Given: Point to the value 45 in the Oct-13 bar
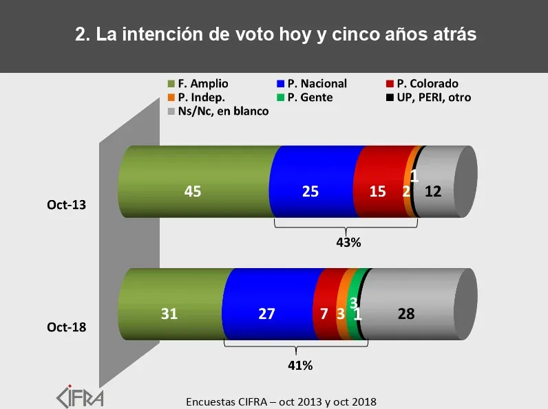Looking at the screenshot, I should pyautogui.click(x=192, y=192).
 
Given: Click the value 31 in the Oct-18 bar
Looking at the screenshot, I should pyautogui.click(x=169, y=314).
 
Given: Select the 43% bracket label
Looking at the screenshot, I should pyautogui.click(x=348, y=242).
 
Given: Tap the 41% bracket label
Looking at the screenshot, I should pyautogui.click(x=299, y=366).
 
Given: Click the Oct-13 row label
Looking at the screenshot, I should pyautogui.click(x=67, y=205).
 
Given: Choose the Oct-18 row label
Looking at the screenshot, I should pyautogui.click(x=67, y=327).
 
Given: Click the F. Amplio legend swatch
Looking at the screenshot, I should pyautogui.click(x=171, y=84).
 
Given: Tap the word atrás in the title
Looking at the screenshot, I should pyautogui.click(x=450, y=35).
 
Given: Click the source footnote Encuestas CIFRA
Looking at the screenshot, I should pyautogui.click(x=282, y=401).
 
